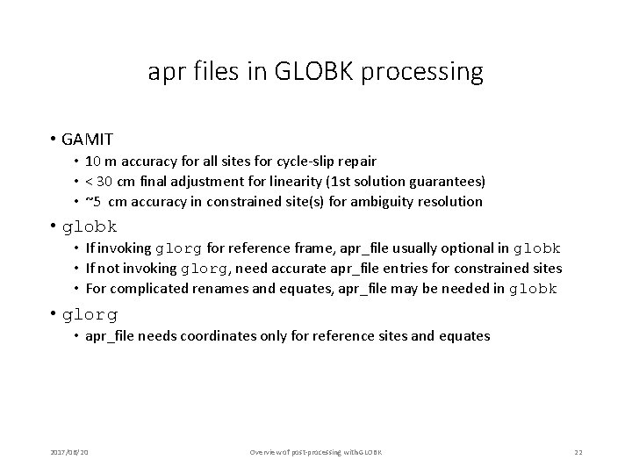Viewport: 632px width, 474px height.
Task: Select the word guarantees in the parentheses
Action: pos(446,181)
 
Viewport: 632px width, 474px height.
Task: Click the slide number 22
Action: pos(578,451)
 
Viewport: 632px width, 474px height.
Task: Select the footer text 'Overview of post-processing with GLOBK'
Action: pos(316,451)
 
